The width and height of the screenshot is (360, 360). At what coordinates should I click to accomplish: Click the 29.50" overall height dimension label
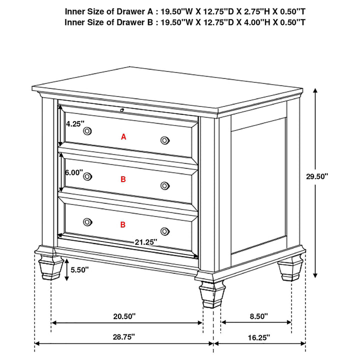[317, 176]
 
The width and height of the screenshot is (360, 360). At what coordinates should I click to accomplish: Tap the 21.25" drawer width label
[145, 241]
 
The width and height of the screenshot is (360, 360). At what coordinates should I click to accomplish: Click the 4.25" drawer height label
[75, 123]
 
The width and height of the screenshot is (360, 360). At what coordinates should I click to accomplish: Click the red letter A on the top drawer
[123, 136]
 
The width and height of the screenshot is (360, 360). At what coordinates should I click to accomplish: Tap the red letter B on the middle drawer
[123, 179]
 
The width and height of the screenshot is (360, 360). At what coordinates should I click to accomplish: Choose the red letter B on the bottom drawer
[123, 225]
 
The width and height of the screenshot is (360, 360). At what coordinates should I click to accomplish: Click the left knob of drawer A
[87, 130]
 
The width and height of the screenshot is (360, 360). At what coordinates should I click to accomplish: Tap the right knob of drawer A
[164, 140]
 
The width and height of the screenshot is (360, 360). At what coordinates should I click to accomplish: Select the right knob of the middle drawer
[164, 186]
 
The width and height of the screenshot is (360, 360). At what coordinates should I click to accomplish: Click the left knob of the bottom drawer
[87, 221]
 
